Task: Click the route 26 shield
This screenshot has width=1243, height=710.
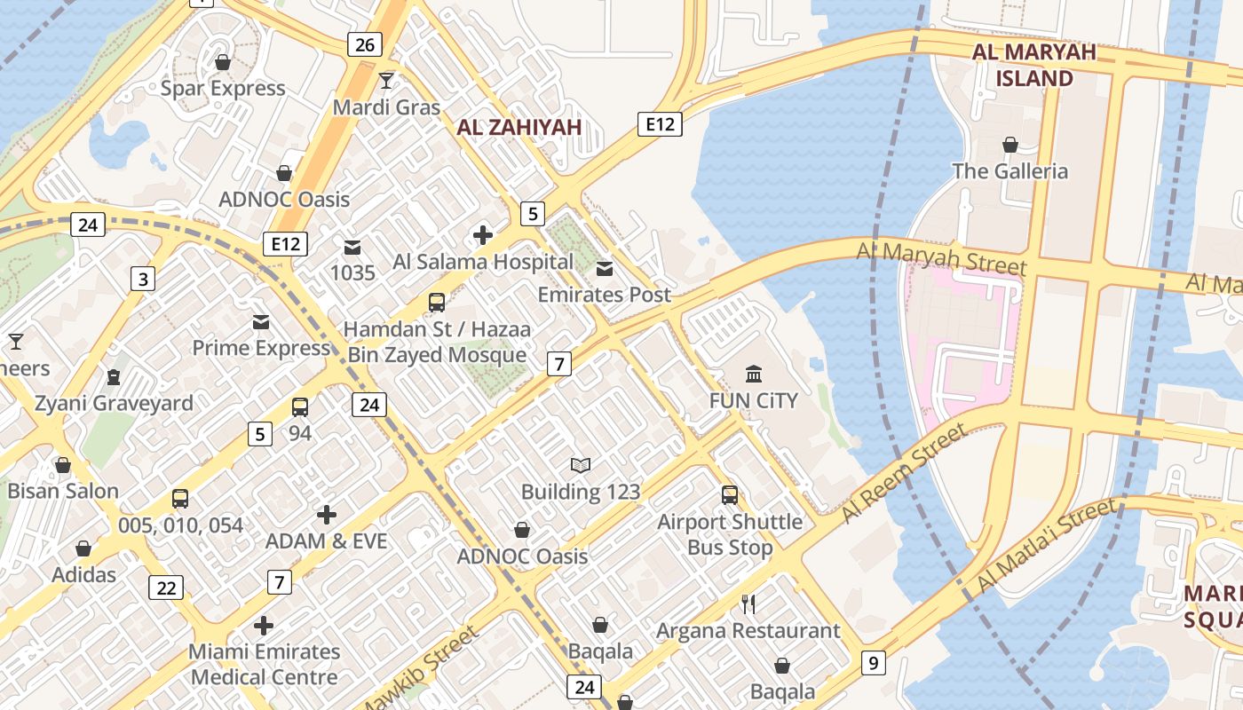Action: tap(364, 44)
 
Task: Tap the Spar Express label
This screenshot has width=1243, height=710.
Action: tap(223, 88)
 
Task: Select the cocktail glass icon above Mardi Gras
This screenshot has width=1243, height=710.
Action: tap(386, 82)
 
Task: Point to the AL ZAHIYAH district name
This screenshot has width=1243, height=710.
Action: tap(519, 127)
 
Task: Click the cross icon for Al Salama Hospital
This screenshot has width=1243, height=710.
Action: tap(483, 235)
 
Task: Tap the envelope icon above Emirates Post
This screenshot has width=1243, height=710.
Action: tap(605, 269)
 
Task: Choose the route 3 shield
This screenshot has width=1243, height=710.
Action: tap(143, 279)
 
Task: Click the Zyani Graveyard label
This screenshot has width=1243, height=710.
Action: tap(114, 404)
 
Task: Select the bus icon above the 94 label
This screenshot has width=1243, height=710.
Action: tap(300, 407)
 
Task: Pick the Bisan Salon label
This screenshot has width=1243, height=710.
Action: tap(63, 491)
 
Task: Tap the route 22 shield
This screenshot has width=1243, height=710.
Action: tap(167, 588)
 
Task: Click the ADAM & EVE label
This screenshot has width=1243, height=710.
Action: tap(327, 540)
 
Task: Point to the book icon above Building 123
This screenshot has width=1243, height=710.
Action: tap(581, 465)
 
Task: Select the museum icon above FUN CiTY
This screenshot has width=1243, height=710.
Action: tap(754, 374)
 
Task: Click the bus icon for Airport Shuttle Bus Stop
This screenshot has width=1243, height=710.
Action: tap(730, 495)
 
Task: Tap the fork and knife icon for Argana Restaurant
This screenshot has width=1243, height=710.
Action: tap(748, 604)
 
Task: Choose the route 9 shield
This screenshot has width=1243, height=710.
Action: tap(874, 662)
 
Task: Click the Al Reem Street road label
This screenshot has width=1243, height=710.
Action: tap(903, 474)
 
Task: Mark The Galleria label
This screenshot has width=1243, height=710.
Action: tap(1009, 170)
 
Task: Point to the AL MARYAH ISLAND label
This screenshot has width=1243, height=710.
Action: tap(1034, 65)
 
